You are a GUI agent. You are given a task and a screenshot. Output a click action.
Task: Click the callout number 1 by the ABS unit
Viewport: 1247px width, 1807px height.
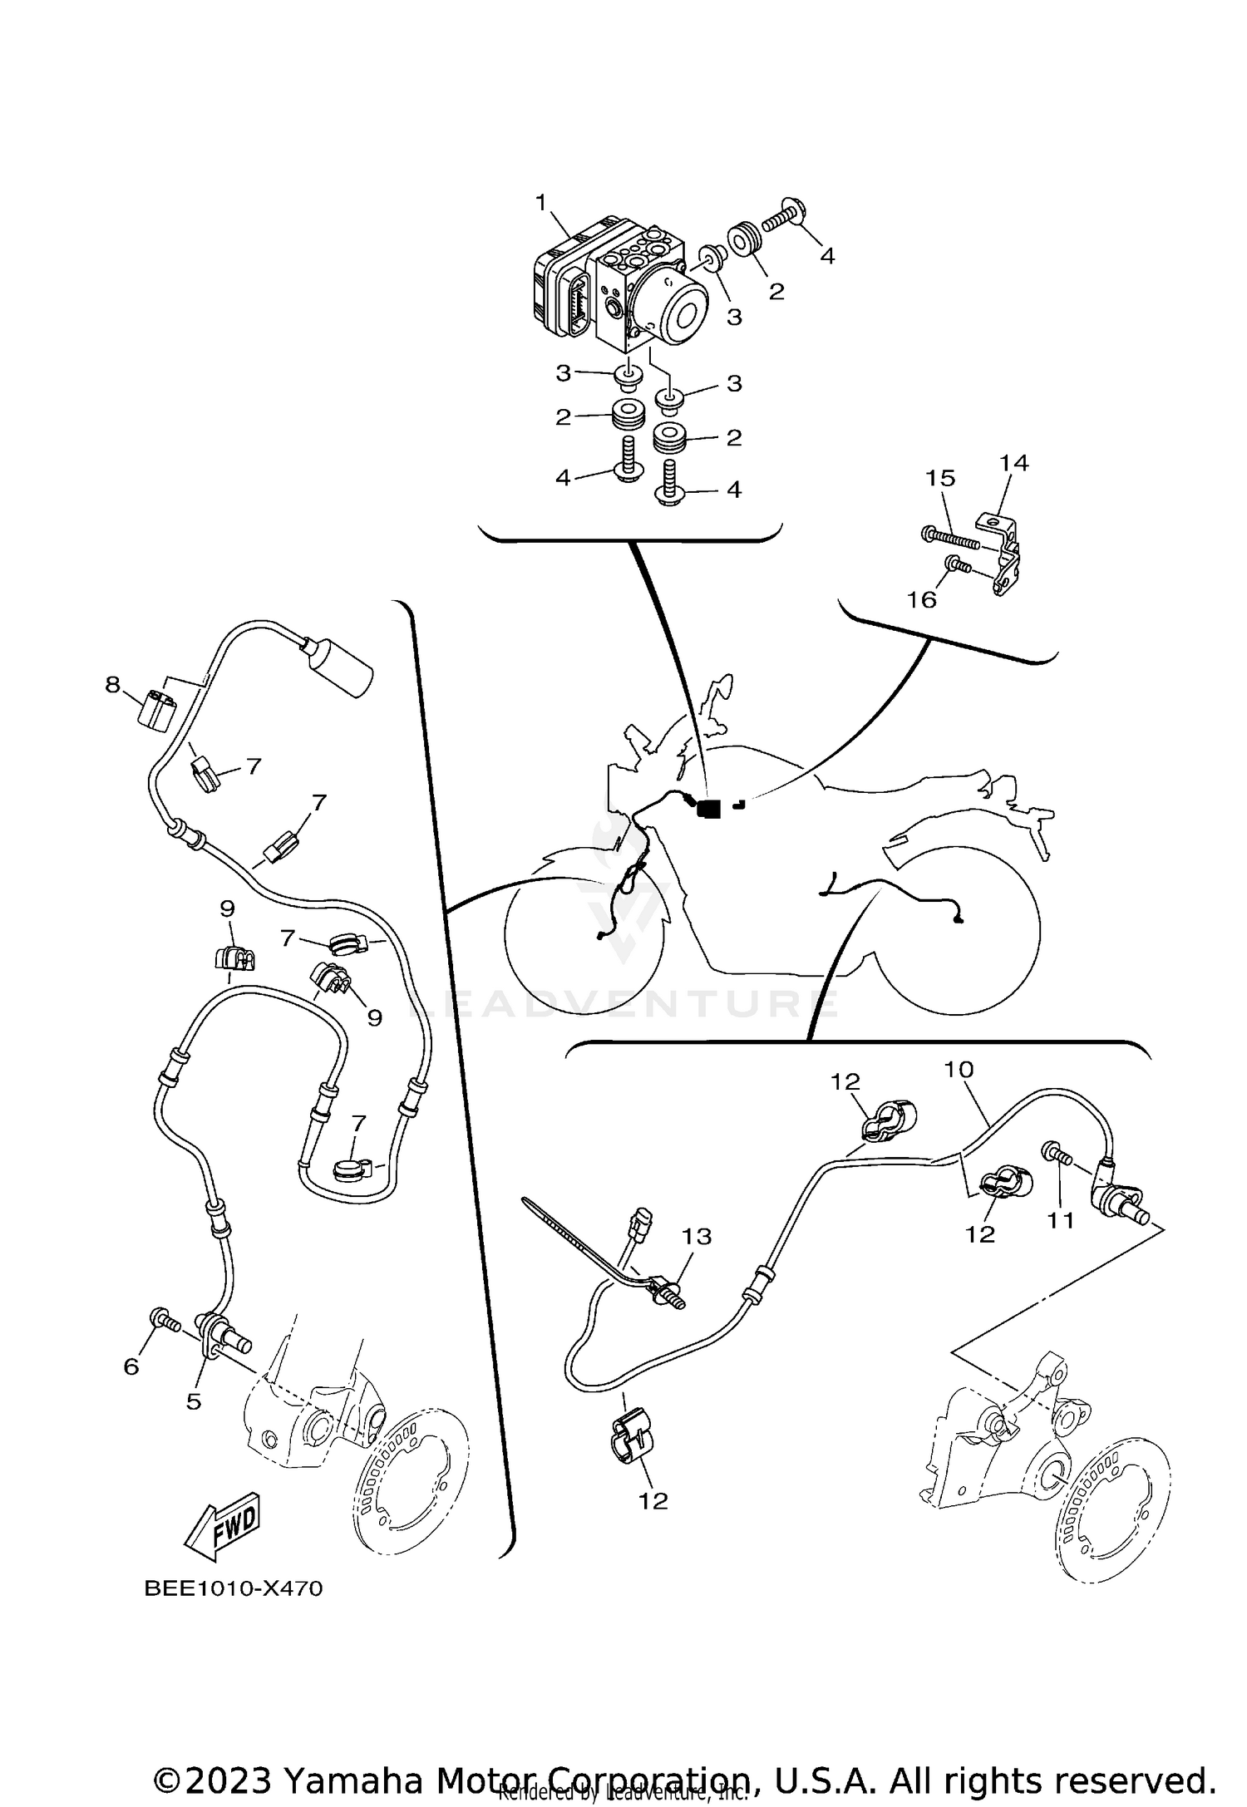tap(541, 202)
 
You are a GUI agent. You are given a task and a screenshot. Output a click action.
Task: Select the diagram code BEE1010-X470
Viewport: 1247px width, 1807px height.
tap(234, 1589)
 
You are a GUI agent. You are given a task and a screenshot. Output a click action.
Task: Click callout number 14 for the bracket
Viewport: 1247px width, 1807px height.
tap(1013, 463)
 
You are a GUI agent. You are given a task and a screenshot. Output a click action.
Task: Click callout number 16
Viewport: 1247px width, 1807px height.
tap(922, 599)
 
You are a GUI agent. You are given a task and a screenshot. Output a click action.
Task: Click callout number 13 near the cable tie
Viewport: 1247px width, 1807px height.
tap(697, 1237)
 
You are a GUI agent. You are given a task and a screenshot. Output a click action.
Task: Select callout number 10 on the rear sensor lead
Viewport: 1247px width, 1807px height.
tap(958, 1069)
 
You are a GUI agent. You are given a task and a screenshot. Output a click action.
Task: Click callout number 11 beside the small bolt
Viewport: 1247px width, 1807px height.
tap(1061, 1220)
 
